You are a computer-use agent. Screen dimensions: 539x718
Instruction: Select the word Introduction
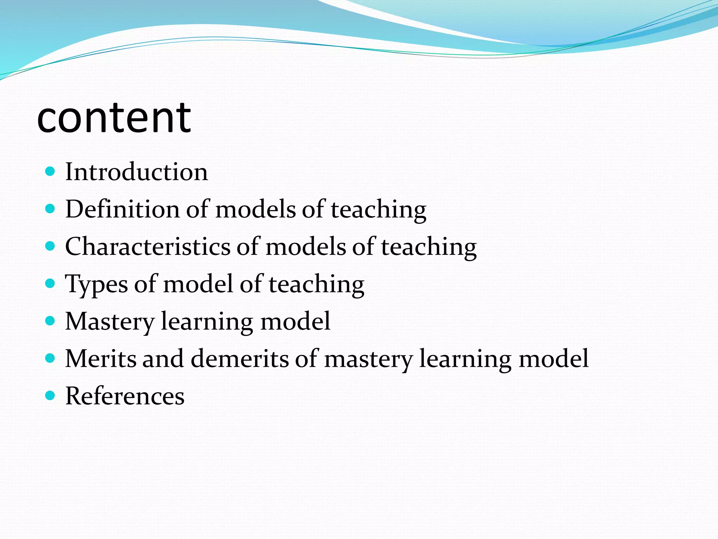pos(136,172)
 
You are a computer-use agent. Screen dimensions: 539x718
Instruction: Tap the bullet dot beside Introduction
pos(50,172)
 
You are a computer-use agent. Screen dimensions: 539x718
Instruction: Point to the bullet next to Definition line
pos(50,209)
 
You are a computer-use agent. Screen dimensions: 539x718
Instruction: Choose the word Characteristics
pos(148,246)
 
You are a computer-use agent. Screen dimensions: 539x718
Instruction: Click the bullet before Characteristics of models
pos(50,246)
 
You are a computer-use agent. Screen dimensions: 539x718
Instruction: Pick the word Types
pos(96,284)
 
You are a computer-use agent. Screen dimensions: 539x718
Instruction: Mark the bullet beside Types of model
pos(50,284)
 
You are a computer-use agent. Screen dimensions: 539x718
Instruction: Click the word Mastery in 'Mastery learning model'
pos(110,321)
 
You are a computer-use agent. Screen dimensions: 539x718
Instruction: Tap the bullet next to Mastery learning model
pos(50,321)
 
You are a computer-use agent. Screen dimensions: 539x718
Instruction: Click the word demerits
pos(239,358)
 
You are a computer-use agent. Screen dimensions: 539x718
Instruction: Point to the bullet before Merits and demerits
pos(50,358)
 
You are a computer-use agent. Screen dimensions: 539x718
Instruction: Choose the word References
pos(125,396)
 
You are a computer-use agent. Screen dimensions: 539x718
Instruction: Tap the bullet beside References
pos(50,396)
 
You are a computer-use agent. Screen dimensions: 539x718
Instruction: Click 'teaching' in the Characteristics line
pos(429,247)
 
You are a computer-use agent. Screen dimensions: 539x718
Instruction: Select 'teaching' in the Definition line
pos(379,210)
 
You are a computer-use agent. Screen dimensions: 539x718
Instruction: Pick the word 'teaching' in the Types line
pos(317,284)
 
